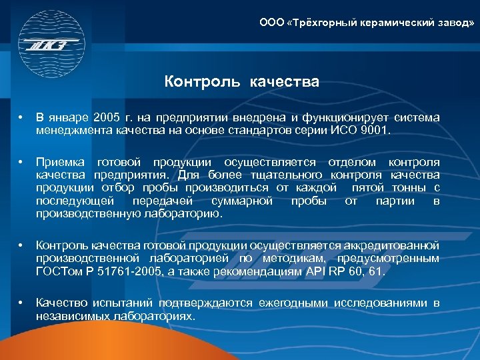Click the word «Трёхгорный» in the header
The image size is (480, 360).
click(321, 23)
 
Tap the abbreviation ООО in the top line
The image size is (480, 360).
click(271, 23)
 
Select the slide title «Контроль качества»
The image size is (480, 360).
click(242, 83)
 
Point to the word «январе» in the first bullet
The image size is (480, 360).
click(69, 118)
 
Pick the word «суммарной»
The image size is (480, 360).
click(242, 201)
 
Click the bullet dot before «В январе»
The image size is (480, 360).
click(21, 118)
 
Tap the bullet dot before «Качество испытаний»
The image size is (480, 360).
click(21, 303)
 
